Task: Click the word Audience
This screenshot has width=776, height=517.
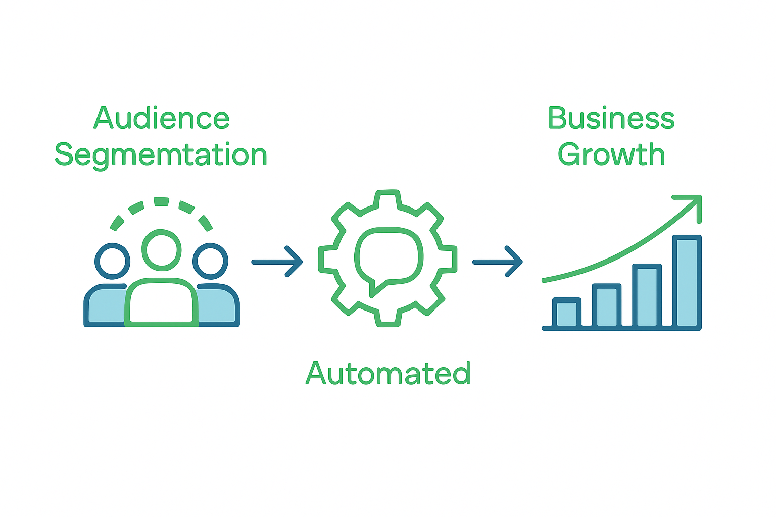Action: (162, 118)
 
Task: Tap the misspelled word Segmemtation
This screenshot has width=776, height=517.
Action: (161, 155)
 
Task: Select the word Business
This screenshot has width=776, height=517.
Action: (611, 118)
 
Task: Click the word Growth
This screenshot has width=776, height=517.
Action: (611, 154)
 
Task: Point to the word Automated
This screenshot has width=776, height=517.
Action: (388, 374)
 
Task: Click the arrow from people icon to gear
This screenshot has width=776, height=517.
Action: (277, 262)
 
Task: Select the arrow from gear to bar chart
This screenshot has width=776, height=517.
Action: (498, 262)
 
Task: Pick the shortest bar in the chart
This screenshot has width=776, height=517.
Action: (567, 313)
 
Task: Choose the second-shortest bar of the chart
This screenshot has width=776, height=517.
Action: (607, 305)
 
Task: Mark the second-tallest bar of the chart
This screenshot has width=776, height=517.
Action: (647, 295)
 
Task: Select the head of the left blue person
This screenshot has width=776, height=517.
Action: (112, 261)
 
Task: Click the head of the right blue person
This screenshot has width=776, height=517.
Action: (211, 261)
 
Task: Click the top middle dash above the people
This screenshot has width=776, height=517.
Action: (161, 202)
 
